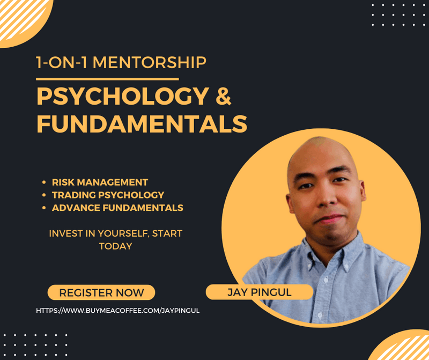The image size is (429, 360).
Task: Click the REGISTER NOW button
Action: (101, 292)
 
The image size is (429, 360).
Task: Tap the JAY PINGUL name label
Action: (260, 292)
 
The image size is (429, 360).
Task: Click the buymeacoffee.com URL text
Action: (117, 311)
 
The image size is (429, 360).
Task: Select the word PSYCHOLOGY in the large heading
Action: (123, 96)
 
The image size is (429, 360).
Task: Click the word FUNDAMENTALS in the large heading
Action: (142, 124)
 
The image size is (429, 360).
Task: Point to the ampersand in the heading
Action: (224, 96)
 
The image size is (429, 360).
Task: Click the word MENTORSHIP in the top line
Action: (150, 62)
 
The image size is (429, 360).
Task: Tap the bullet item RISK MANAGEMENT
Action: (100, 182)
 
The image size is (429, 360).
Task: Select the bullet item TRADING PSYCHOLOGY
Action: (108, 195)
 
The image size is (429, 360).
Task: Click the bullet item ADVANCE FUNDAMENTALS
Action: (117, 208)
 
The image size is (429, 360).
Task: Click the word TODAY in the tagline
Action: (115, 246)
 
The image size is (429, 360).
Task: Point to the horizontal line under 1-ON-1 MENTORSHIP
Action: (107, 79)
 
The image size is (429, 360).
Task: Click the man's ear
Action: (363, 191)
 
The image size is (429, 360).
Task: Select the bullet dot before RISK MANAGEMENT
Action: (44, 182)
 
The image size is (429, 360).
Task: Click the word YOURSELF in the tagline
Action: (123, 233)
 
